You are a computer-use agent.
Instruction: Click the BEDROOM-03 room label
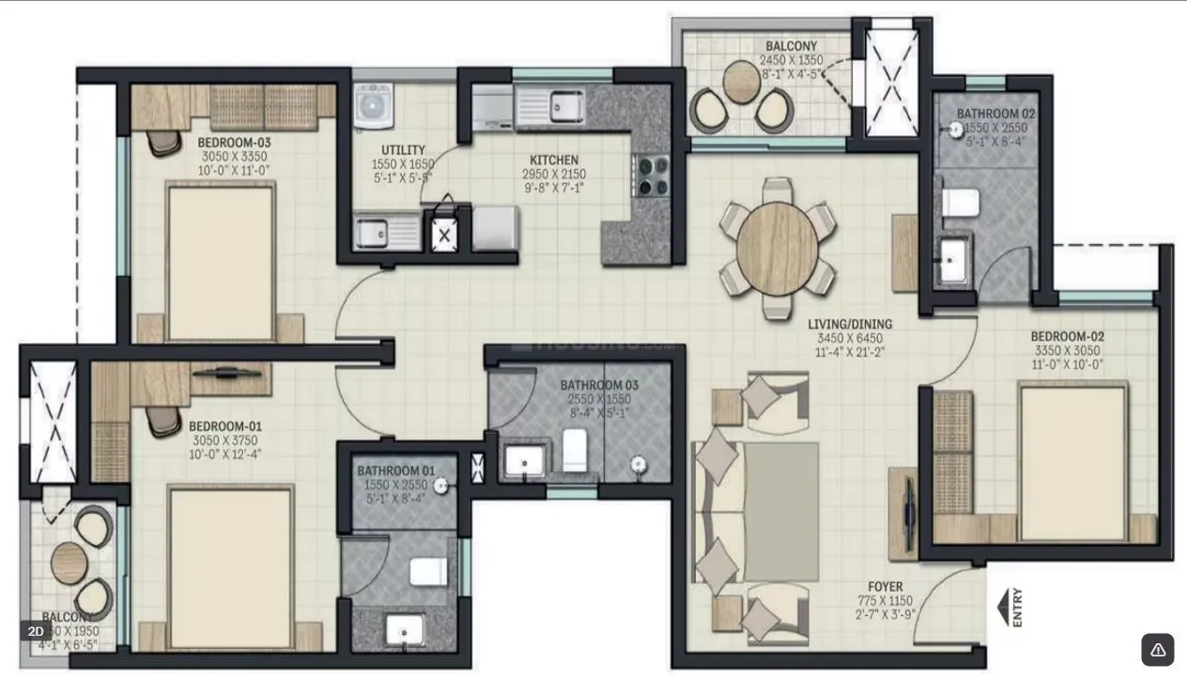(234, 143)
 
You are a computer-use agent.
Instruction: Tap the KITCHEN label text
(553, 160)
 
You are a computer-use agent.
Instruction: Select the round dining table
(777, 248)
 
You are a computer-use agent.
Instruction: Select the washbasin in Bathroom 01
(406, 630)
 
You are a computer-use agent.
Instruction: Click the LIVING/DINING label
(850, 325)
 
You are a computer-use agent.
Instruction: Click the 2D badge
(36, 631)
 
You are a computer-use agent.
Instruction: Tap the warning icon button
(1157, 649)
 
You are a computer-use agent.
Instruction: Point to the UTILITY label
(403, 149)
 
